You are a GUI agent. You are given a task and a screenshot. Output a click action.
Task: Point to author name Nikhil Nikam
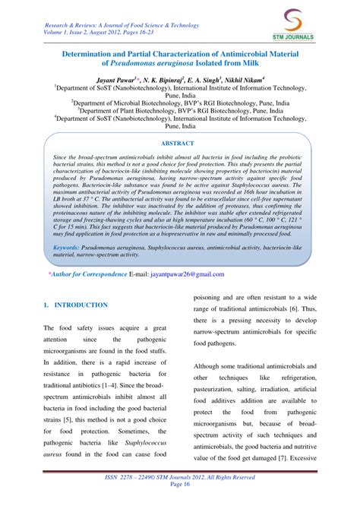tap(240, 79)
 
